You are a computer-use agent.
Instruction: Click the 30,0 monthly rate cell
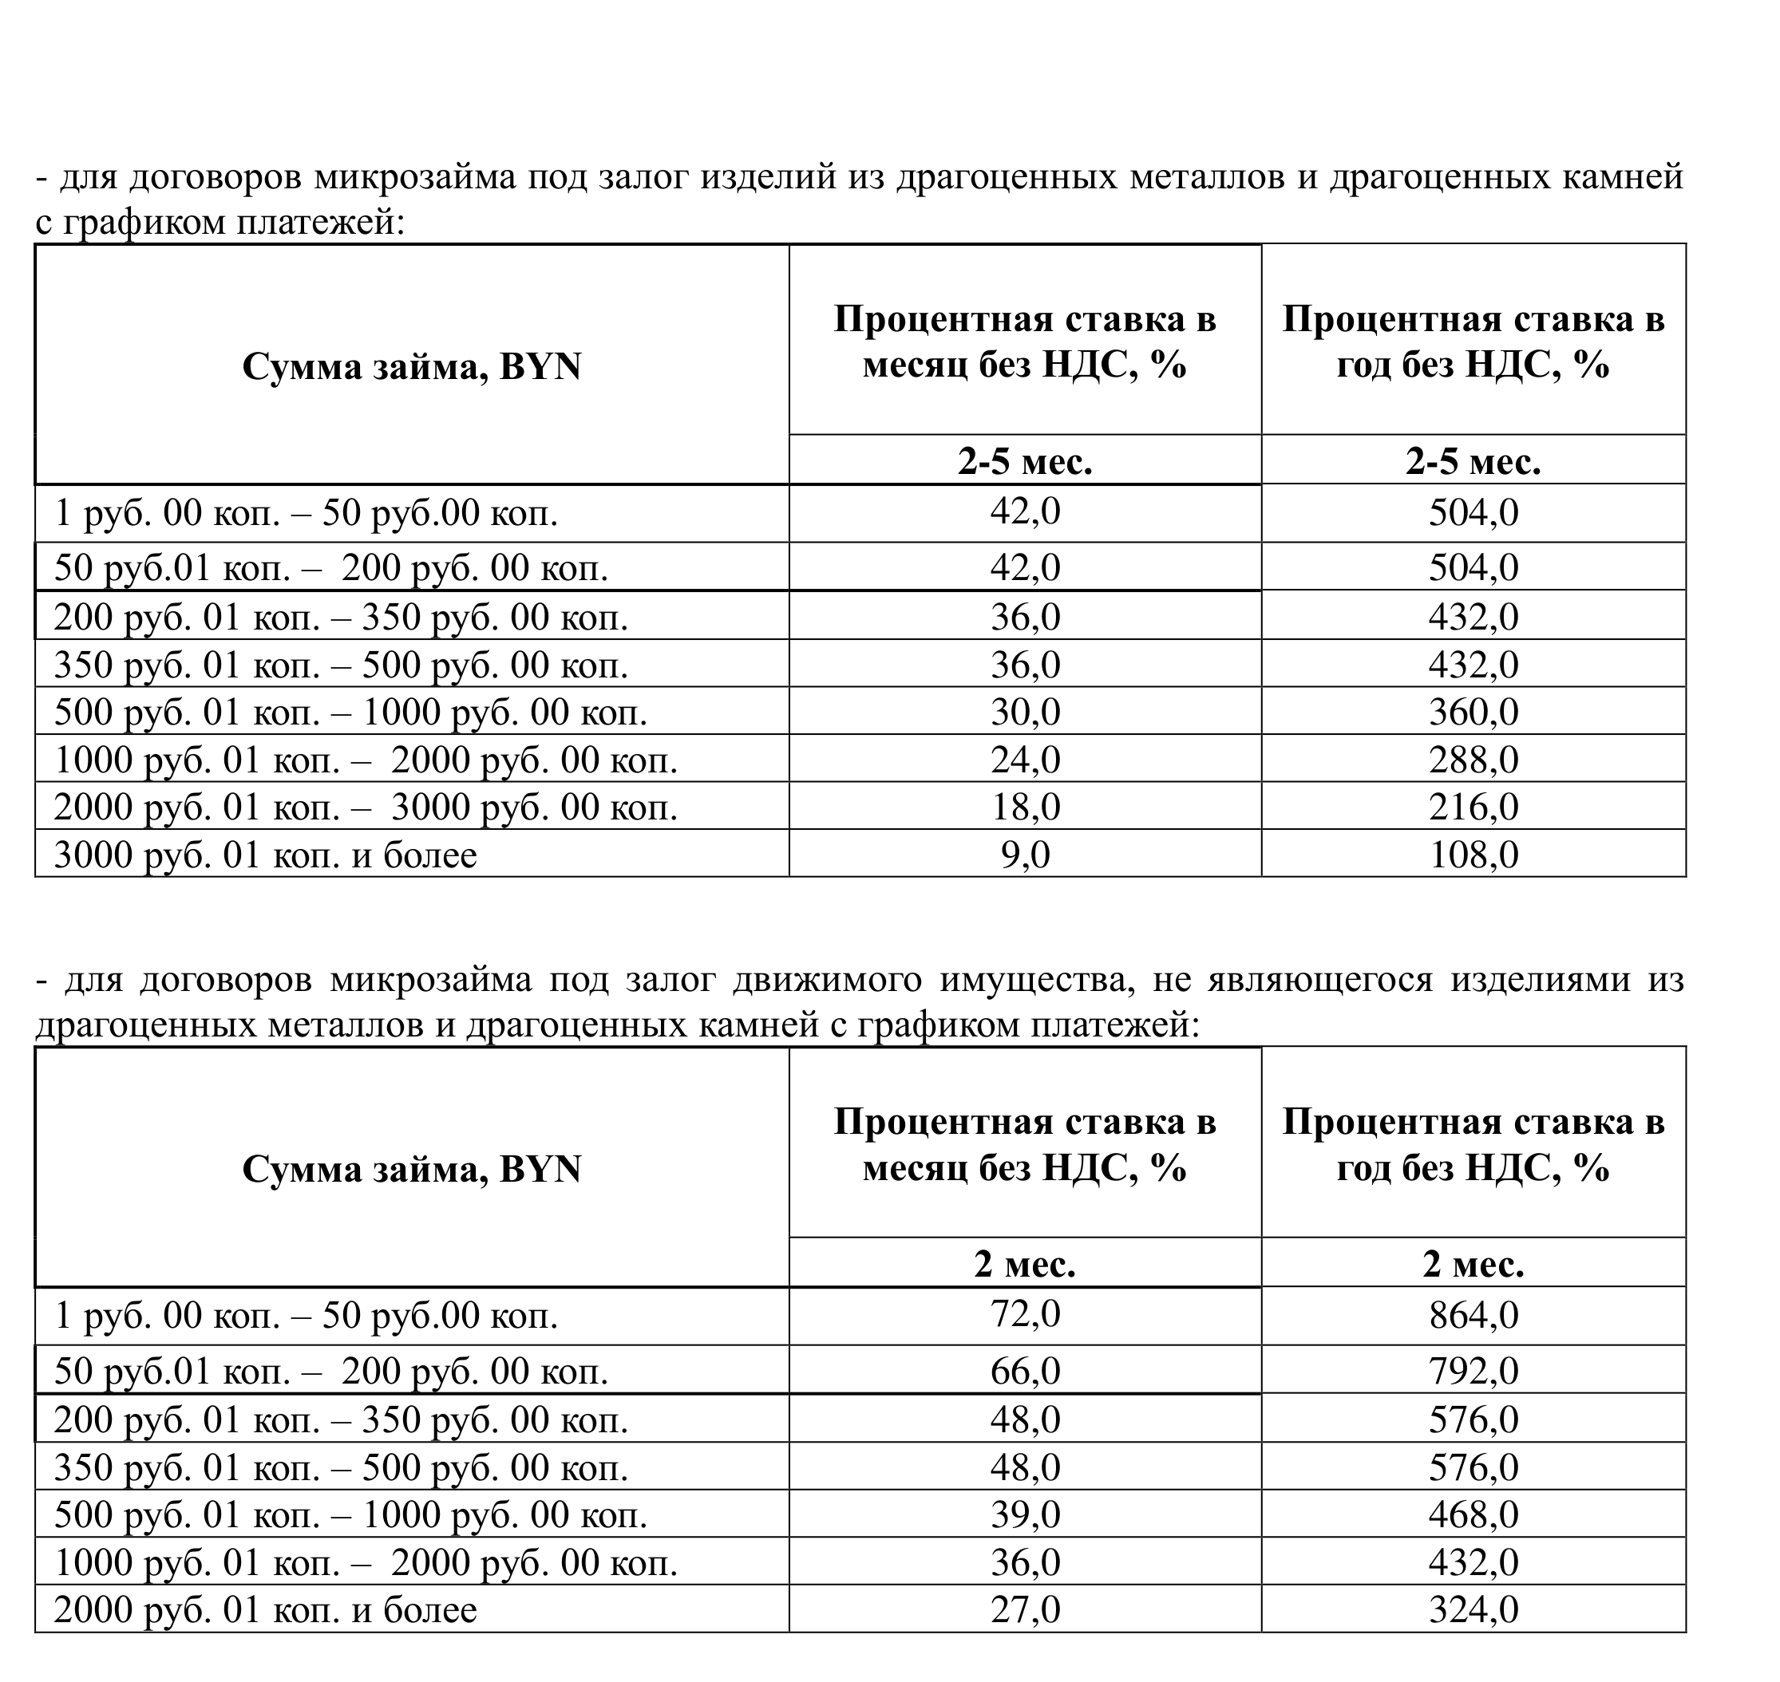pos(1025,712)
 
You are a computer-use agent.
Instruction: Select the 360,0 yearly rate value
pos(1473,712)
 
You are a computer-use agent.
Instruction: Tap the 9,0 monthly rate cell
pos(1025,855)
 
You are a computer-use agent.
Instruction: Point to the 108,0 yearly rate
pos(1473,855)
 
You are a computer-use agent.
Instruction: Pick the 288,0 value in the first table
pos(1473,760)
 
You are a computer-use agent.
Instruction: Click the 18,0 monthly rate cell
pos(1025,807)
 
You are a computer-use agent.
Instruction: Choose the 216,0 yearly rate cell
pos(1473,807)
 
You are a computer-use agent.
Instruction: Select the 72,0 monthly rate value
pos(1025,1314)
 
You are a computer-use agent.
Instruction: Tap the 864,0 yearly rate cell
pos(1473,1315)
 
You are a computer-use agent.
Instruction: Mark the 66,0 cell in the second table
pos(1025,1371)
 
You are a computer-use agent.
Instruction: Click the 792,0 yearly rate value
pos(1473,1371)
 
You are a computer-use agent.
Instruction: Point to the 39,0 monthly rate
pos(1025,1514)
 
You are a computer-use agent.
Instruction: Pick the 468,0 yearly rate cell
pos(1473,1514)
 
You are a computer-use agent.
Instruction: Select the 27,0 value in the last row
pos(1025,1609)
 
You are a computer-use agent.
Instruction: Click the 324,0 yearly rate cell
pos(1473,1609)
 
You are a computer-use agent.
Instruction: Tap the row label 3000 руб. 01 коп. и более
pos(266,855)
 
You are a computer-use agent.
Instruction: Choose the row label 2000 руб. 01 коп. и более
pos(266,1610)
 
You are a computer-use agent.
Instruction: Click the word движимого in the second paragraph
pos(827,980)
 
